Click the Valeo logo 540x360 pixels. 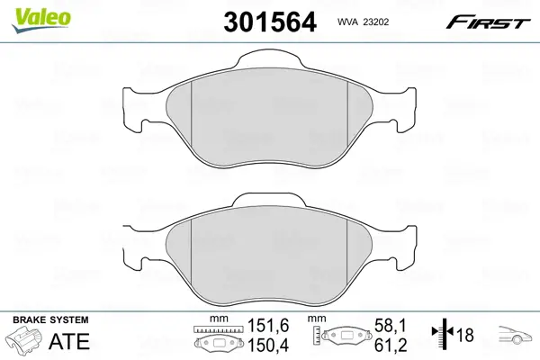pyautogui.click(x=40, y=20)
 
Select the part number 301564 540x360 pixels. pyautogui.click(x=270, y=22)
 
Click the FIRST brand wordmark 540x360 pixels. pyautogui.click(x=488, y=22)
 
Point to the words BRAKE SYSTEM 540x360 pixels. pyautogui.click(x=50, y=319)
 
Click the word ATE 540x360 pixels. pyautogui.click(x=69, y=341)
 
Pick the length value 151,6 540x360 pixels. pyautogui.click(x=268, y=325)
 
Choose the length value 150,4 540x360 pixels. pyautogui.click(x=268, y=345)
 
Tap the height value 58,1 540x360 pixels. pyautogui.click(x=391, y=325)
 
